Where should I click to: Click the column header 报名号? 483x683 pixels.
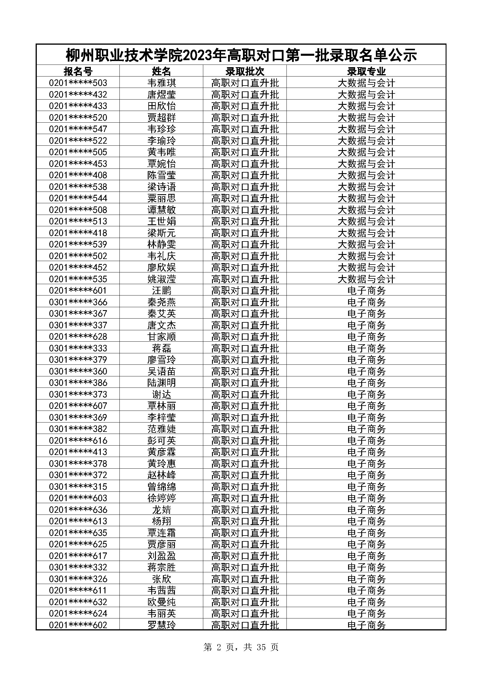78,71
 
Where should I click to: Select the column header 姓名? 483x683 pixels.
161,71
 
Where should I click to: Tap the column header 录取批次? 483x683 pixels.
245,71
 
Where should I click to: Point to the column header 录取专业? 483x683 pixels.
366,71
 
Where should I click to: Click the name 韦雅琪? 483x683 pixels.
161,83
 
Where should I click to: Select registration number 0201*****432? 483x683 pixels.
78,94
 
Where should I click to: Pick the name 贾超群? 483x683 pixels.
161,117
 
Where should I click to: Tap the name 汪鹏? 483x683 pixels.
161,290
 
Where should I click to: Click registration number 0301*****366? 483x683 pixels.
78,302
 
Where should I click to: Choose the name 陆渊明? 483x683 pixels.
161,383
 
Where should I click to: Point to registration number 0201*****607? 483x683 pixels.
78,406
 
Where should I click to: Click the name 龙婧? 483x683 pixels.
161,510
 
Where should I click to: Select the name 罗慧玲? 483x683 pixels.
161,625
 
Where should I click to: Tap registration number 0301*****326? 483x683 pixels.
78,579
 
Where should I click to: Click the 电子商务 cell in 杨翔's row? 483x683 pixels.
366,521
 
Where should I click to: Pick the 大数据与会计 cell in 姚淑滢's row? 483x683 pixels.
366,279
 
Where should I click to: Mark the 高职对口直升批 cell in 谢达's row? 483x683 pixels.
245,394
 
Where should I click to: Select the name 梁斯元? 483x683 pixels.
161,233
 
